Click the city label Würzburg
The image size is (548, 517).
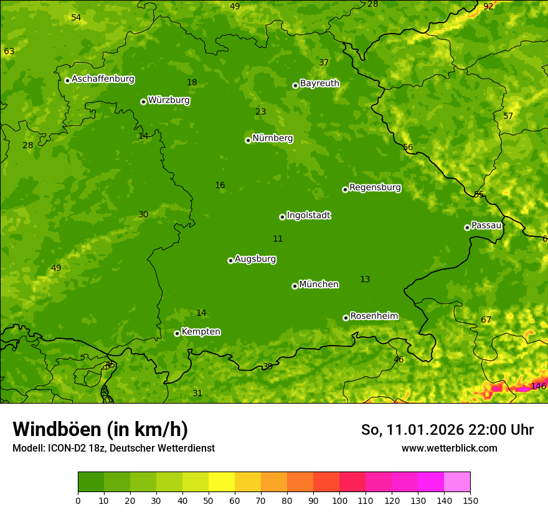pos(169,100)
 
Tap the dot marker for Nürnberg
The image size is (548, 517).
pos(248,140)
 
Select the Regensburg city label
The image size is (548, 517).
pos(375,187)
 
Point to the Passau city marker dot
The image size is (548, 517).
pos(467,227)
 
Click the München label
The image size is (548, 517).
pos(319,285)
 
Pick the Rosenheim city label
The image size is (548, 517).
pos(374,316)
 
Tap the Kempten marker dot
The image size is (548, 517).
pos(177,333)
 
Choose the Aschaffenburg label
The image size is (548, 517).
pos(103,79)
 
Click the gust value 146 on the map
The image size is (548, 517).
pos(538,387)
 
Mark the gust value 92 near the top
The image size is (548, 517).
pos(488,6)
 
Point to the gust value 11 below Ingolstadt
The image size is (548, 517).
pos(278,239)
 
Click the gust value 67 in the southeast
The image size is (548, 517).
pos(486,320)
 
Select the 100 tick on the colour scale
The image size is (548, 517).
pos(339,500)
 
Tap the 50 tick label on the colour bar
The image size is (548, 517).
pos(209,500)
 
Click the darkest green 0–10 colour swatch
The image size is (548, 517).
pos(91,482)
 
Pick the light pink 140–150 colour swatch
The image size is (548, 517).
pos(457,482)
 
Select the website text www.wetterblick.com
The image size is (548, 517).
pos(449,448)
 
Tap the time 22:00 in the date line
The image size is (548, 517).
pos(479,430)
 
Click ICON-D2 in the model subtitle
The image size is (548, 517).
pos(67,448)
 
